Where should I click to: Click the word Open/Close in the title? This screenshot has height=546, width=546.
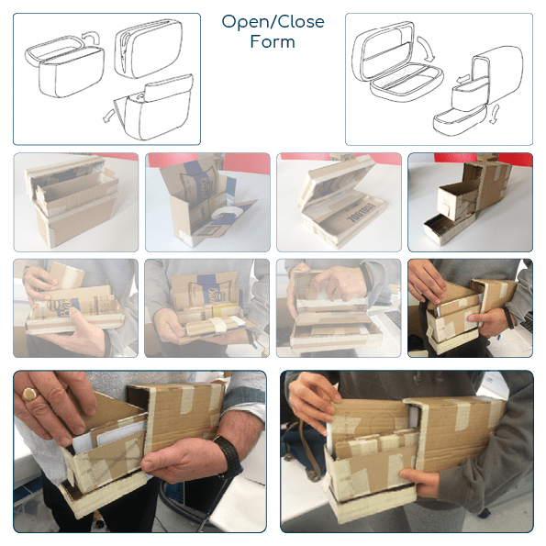[x=273, y=22]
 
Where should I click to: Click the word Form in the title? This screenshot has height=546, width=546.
[x=273, y=41]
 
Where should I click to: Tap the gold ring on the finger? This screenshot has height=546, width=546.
[x=30, y=395]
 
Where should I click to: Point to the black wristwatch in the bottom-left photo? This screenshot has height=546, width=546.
[x=228, y=455]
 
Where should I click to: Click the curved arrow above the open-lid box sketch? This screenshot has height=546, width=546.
[x=90, y=37]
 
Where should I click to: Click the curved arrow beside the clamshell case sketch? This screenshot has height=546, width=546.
[x=427, y=49]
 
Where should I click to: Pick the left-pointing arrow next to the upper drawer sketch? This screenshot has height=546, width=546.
[x=463, y=80]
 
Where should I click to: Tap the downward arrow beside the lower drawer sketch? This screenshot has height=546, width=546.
[x=494, y=113]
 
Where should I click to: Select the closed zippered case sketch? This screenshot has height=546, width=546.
[x=149, y=48]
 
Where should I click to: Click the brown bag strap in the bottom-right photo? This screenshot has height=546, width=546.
[x=306, y=452]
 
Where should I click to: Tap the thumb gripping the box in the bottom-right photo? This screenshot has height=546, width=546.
[x=415, y=477]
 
